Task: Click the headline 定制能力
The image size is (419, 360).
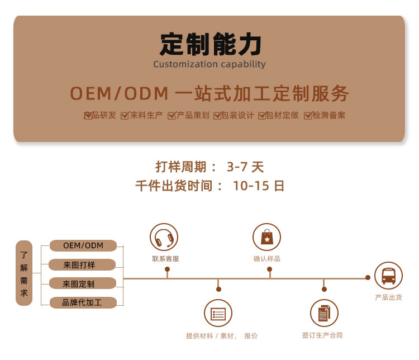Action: click(210, 44)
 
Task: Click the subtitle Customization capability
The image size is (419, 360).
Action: click(209, 64)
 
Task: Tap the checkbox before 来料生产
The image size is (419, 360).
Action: click(125, 116)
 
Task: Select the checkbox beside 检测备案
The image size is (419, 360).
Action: click(308, 116)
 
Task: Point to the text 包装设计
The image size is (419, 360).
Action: click(237, 115)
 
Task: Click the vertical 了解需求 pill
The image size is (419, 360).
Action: click(24, 273)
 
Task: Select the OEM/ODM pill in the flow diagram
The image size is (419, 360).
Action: click(83, 245)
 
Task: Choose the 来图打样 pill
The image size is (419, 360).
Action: click(82, 265)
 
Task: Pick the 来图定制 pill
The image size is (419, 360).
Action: click(83, 283)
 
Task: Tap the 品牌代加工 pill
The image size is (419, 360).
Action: click(83, 302)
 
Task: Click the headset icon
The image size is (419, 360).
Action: click(164, 237)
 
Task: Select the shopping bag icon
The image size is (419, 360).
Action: click(266, 237)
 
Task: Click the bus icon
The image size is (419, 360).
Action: click(388, 276)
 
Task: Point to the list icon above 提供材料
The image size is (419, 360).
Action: click(218, 313)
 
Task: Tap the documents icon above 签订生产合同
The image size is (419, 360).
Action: click(324, 313)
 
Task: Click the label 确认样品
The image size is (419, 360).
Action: click(266, 259)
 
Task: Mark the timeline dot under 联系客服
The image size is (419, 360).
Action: click(167, 269)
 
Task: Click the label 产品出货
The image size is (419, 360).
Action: click(388, 297)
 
